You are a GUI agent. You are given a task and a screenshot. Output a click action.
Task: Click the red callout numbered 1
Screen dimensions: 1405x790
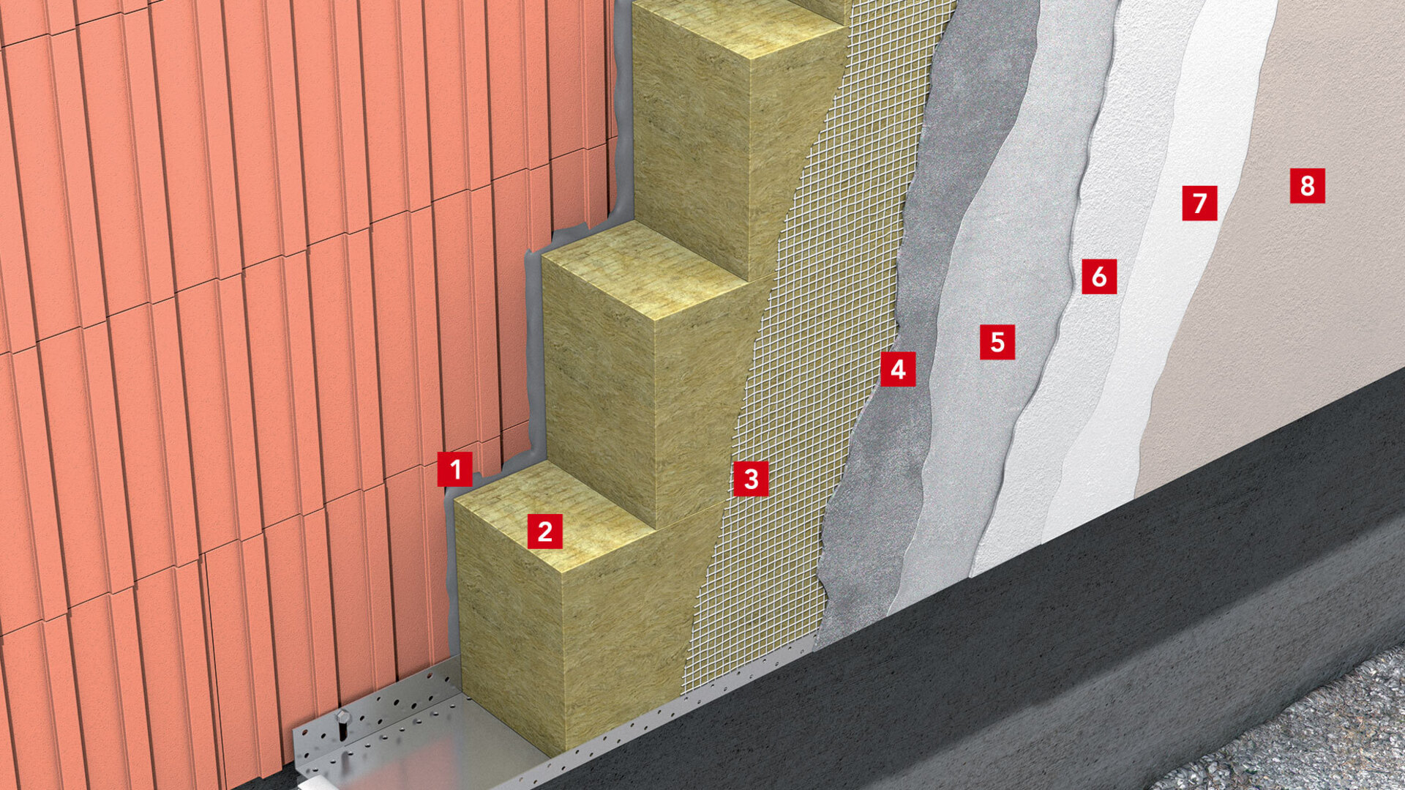tap(455, 469)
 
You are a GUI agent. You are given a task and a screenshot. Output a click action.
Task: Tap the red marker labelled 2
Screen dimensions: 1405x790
tap(544, 531)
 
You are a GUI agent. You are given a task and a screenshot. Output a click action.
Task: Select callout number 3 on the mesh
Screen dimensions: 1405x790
tap(751, 479)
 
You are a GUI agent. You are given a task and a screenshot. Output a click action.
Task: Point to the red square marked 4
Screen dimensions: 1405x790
tap(898, 369)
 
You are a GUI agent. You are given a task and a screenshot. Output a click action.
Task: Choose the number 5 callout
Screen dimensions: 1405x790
tap(997, 342)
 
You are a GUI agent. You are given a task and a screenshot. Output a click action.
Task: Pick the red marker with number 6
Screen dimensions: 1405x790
tap(1099, 277)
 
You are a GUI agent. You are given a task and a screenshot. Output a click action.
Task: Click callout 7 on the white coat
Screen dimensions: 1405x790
tap(1199, 203)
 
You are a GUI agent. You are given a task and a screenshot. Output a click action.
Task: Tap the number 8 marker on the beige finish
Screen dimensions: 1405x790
tap(1307, 185)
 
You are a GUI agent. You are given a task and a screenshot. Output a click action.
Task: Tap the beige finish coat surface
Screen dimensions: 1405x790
tap(1288, 293)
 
